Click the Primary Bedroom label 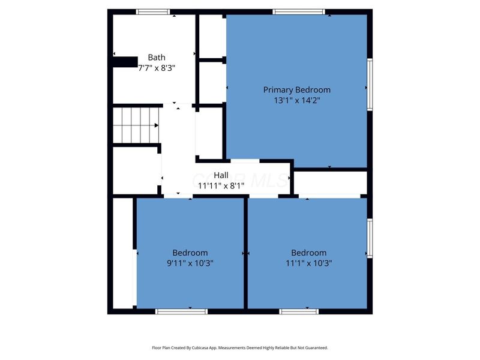click(296, 90)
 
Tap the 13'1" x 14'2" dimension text click(296, 101)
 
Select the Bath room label click(157, 58)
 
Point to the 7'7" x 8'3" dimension click(157, 68)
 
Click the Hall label click(221, 175)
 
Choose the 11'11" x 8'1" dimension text click(221, 186)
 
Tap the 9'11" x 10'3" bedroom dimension click(190, 263)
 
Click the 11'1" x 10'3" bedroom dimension click(309, 263)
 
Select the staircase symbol click(136, 125)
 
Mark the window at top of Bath click(152, 12)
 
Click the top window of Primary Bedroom click(298, 12)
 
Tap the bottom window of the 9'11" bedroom click(181, 311)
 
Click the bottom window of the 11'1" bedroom click(298, 311)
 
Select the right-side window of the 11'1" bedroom click(370, 238)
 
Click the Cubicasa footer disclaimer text click(239, 347)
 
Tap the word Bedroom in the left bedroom click(190, 253)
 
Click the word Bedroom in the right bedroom click(309, 253)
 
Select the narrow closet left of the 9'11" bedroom click(123, 252)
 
